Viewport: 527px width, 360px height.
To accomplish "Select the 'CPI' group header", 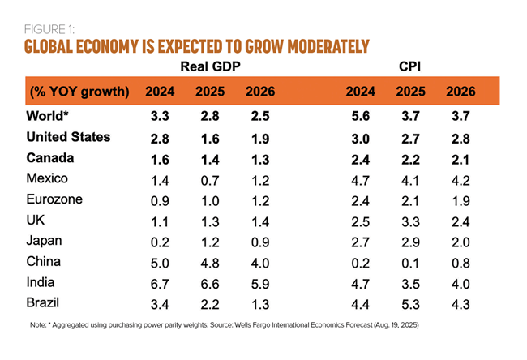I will pos(409,64).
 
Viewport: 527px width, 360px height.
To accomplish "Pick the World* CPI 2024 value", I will pos(360,116).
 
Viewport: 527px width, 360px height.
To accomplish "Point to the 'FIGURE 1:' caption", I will pos(52,28).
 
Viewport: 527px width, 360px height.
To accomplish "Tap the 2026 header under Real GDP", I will pos(259,91).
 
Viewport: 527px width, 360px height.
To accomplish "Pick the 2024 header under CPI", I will pos(361,91).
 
